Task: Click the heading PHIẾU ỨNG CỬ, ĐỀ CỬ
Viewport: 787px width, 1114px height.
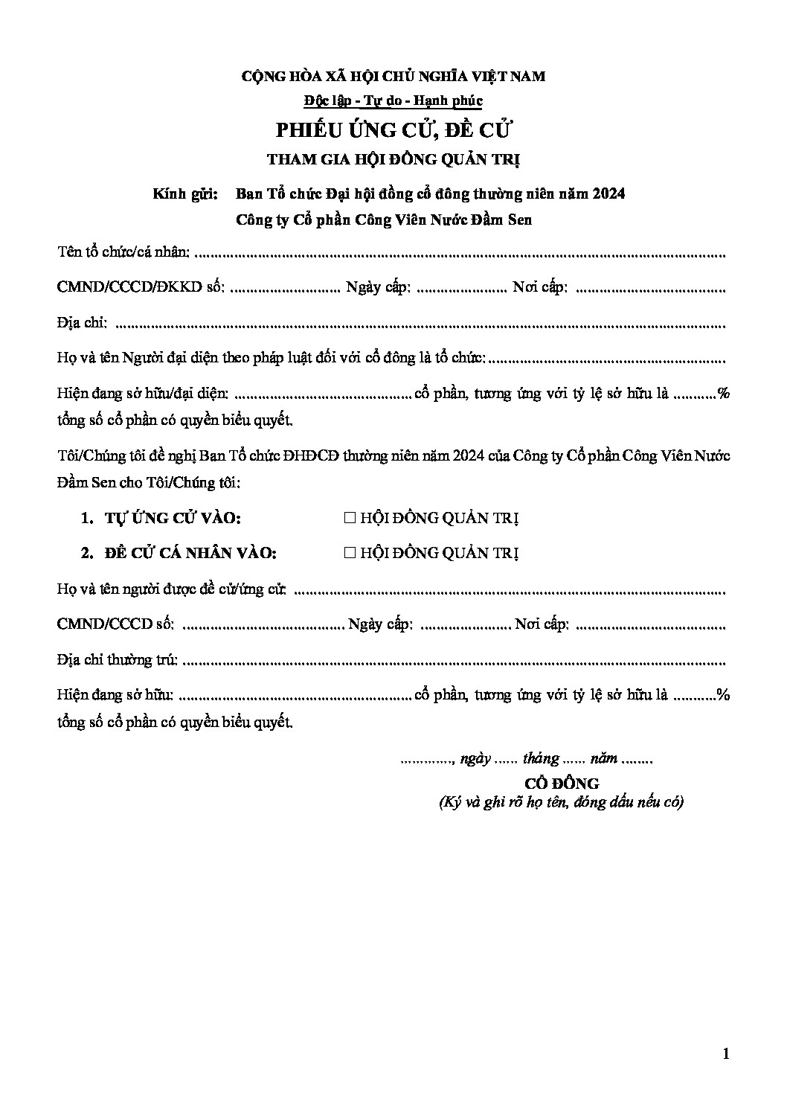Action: tap(394, 130)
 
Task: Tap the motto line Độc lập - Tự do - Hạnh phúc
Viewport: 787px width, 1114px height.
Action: tap(393, 100)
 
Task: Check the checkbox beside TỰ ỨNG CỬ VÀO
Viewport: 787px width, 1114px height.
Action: tap(350, 519)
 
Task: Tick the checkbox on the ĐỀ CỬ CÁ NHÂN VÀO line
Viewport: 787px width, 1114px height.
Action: tap(350, 553)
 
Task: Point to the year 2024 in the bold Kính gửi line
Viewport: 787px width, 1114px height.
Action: tap(609, 194)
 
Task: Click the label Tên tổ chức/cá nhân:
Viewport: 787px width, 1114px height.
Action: tap(123, 252)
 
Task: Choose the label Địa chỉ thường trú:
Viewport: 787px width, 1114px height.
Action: tap(118, 660)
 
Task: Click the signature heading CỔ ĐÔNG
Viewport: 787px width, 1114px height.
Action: tap(562, 783)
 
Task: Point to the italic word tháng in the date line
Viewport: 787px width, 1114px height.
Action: tap(541, 759)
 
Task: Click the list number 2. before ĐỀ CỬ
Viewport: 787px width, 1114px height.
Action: tap(87, 553)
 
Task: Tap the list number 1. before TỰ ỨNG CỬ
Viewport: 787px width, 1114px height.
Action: tap(87, 519)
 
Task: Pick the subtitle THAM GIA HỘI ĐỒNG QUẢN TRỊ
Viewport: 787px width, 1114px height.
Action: tap(393, 159)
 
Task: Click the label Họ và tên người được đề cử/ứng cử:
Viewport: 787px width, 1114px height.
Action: tap(173, 590)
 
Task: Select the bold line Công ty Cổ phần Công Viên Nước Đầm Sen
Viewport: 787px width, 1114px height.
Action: tap(383, 220)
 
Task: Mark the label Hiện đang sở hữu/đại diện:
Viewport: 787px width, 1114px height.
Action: tap(144, 394)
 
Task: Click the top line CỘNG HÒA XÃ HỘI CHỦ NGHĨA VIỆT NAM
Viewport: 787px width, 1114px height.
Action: tap(393, 76)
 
